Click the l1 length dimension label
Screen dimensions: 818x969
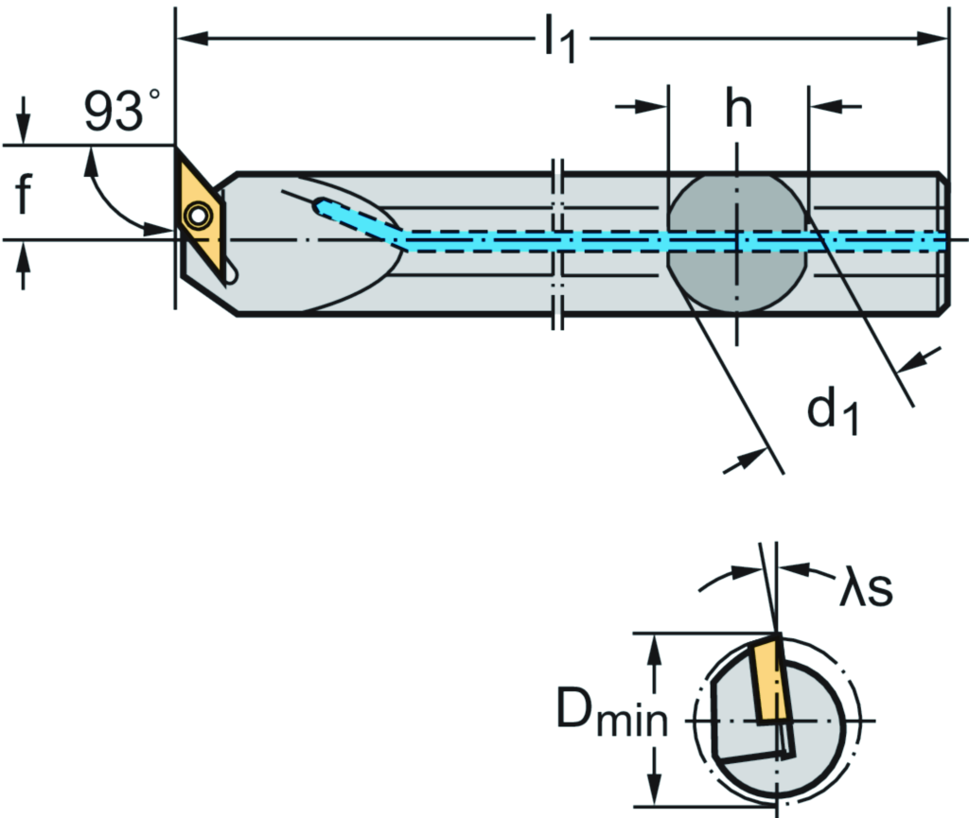click(x=559, y=43)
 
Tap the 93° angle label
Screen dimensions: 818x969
click(x=121, y=112)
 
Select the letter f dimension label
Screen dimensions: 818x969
click(x=24, y=196)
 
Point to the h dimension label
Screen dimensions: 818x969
click(x=738, y=110)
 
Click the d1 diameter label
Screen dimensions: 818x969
click(x=834, y=412)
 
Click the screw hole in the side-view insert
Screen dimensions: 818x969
click(x=198, y=217)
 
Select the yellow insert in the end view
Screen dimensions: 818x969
click(x=768, y=679)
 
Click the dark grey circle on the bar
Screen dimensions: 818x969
click(x=737, y=244)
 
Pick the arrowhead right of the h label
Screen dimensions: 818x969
click(x=821, y=107)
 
